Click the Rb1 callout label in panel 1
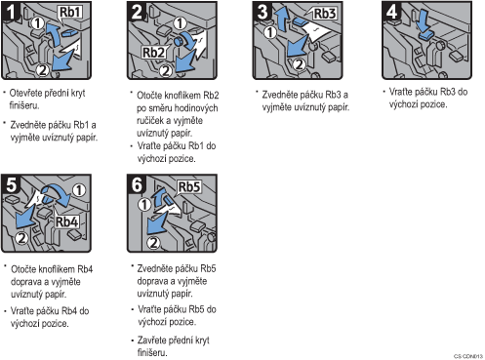click(70, 13)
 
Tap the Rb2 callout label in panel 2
click(154, 52)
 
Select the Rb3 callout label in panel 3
click(325, 14)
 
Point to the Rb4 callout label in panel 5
click(67, 221)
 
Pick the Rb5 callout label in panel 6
click(189, 187)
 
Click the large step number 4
click(391, 12)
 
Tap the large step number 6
click(137, 184)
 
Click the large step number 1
click(11, 12)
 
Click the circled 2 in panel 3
click(299, 64)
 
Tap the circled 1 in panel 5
click(79, 190)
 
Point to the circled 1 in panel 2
click(180, 23)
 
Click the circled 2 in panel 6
click(153, 242)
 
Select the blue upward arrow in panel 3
click(280, 20)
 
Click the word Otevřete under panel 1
click(26, 93)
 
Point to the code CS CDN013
click(468, 356)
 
